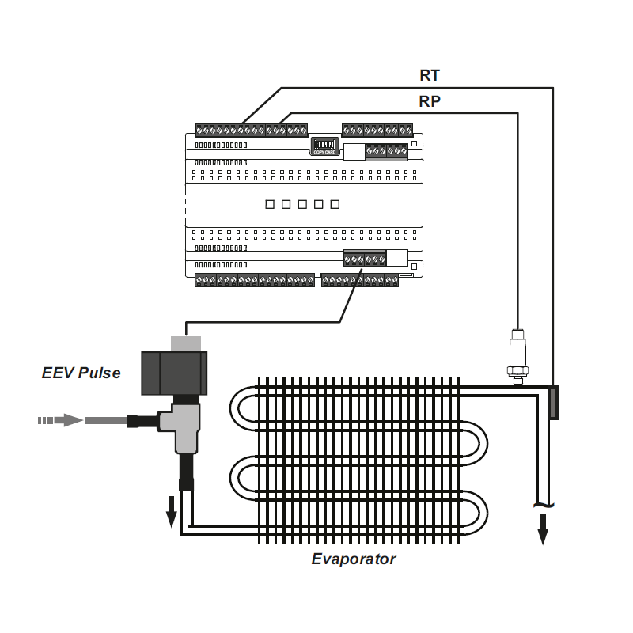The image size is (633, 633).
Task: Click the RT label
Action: [x=430, y=76]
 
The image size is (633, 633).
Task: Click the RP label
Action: [x=430, y=101]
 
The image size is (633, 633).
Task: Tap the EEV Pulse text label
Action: [x=81, y=372]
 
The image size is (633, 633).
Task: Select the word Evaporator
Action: [x=354, y=559]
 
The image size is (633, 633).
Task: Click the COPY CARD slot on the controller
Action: [x=324, y=146]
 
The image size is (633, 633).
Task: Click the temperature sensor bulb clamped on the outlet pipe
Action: [x=553, y=403]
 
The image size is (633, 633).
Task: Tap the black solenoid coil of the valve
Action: [x=173, y=372]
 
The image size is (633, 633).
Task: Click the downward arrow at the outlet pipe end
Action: [x=543, y=529]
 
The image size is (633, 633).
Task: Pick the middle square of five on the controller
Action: [x=301, y=204]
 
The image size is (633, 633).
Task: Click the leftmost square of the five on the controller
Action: [x=269, y=204]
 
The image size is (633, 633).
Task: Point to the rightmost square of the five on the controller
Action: [x=335, y=204]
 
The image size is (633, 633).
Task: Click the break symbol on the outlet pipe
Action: [x=543, y=505]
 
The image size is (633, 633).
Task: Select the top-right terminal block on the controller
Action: [x=377, y=130]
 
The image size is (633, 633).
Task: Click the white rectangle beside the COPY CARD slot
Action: [x=354, y=152]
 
